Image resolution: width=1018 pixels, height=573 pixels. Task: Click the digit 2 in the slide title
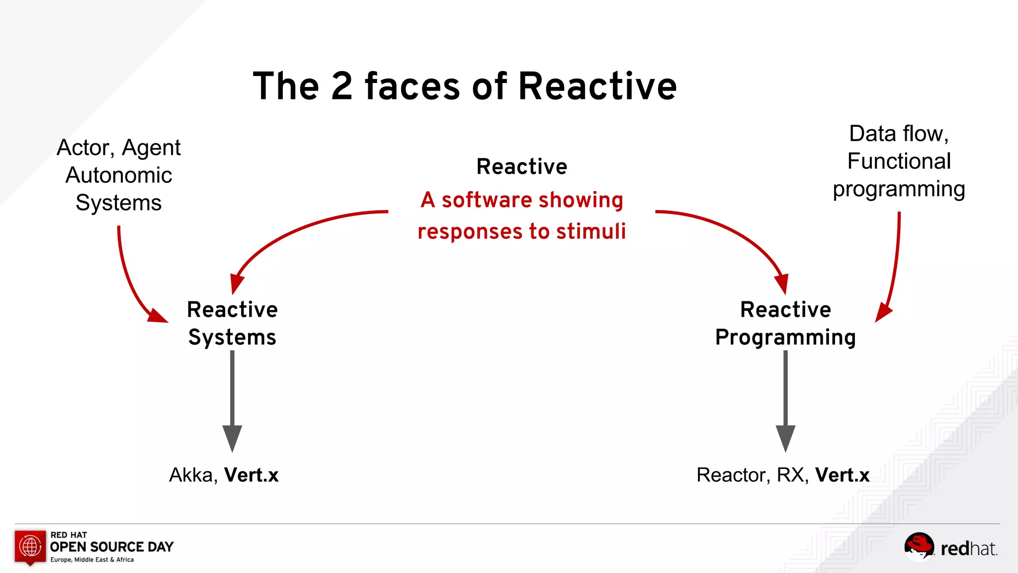tap(341, 87)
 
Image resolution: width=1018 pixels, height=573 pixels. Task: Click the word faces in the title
tap(412, 87)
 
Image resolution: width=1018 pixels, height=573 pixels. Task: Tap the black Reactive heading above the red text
tap(521, 167)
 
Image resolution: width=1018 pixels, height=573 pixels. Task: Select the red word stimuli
tap(591, 231)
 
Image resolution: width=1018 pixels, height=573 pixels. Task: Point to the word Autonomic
tap(119, 175)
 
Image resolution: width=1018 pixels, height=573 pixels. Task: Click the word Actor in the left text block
tap(85, 148)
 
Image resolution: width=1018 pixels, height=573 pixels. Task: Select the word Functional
tap(899, 161)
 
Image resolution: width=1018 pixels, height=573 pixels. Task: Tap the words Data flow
tap(899, 133)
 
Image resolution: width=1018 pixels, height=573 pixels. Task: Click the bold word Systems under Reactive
tap(232, 337)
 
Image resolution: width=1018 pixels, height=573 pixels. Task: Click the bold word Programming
tap(785, 337)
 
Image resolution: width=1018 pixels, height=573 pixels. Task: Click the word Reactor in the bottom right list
tap(733, 475)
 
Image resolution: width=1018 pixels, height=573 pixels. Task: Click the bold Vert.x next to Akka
tap(251, 475)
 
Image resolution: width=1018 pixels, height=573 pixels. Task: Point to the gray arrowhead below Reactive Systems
tap(232, 437)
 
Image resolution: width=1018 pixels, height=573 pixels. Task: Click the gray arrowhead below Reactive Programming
tap(785, 437)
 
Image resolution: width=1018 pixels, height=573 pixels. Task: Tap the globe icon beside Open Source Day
tap(30, 546)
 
